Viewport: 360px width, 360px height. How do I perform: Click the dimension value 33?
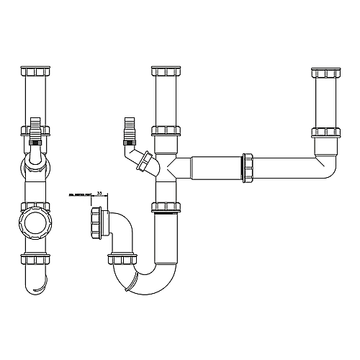tap(99, 194)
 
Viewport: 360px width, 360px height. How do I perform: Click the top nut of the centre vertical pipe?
tap(164, 72)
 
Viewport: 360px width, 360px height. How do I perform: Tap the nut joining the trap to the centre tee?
tap(164, 207)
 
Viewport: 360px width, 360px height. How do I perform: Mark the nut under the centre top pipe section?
tap(164, 132)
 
